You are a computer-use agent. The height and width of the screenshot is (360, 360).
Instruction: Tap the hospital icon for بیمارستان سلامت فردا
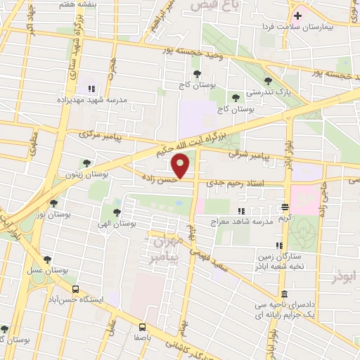point(298,15)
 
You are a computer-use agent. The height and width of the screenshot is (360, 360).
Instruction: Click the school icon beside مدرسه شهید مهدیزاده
point(91,89)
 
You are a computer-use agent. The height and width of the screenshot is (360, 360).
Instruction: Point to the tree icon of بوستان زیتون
point(86,163)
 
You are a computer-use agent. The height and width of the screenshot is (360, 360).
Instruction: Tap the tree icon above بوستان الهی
point(116,212)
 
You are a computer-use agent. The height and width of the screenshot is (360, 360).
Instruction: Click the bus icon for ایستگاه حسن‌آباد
point(75,288)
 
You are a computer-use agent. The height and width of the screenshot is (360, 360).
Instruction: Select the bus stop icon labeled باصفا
point(143,327)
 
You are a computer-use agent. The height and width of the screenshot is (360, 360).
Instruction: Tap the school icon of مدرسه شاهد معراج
point(241,210)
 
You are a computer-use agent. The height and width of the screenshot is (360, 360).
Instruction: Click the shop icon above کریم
point(284,207)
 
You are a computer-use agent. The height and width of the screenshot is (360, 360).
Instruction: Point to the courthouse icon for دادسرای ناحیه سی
point(283,294)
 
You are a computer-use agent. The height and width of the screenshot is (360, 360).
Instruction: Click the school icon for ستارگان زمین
point(279,245)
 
